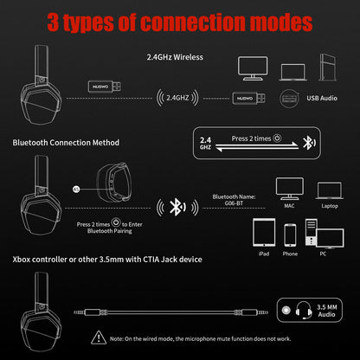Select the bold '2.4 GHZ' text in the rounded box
(205, 142)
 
